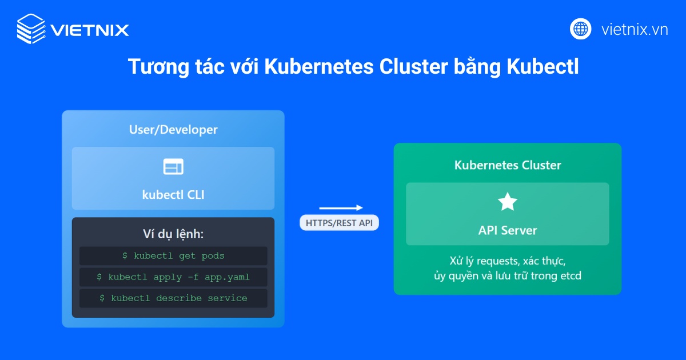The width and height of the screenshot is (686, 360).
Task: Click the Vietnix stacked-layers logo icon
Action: pyautogui.click(x=31, y=29)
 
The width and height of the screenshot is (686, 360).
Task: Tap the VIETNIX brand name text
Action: pyautogui.click(x=89, y=30)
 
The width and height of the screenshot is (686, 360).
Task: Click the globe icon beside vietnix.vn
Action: pyautogui.click(x=580, y=29)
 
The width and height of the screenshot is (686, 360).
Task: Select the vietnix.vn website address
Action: pyautogui.click(x=635, y=29)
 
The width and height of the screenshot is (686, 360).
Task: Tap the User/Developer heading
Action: pyautogui.click(x=173, y=130)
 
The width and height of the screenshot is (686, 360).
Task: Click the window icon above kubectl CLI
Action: pyautogui.click(x=173, y=167)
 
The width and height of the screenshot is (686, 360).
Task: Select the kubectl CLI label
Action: pyautogui.click(x=173, y=195)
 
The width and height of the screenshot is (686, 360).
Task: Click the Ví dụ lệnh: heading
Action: pyautogui.click(x=173, y=234)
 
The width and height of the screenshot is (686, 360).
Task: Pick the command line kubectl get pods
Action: pyautogui.click(x=173, y=256)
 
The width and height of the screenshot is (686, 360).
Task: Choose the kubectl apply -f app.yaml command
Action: pyautogui.click(x=173, y=277)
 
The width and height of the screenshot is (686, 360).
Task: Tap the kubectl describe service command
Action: pyautogui.click(x=173, y=298)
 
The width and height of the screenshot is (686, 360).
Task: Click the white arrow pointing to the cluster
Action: pyautogui.click(x=341, y=208)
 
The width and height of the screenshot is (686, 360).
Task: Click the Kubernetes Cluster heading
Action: pyautogui.click(x=508, y=165)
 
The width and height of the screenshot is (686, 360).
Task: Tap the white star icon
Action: pyautogui.click(x=508, y=202)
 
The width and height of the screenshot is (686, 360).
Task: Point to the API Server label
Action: pyautogui.click(x=508, y=230)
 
